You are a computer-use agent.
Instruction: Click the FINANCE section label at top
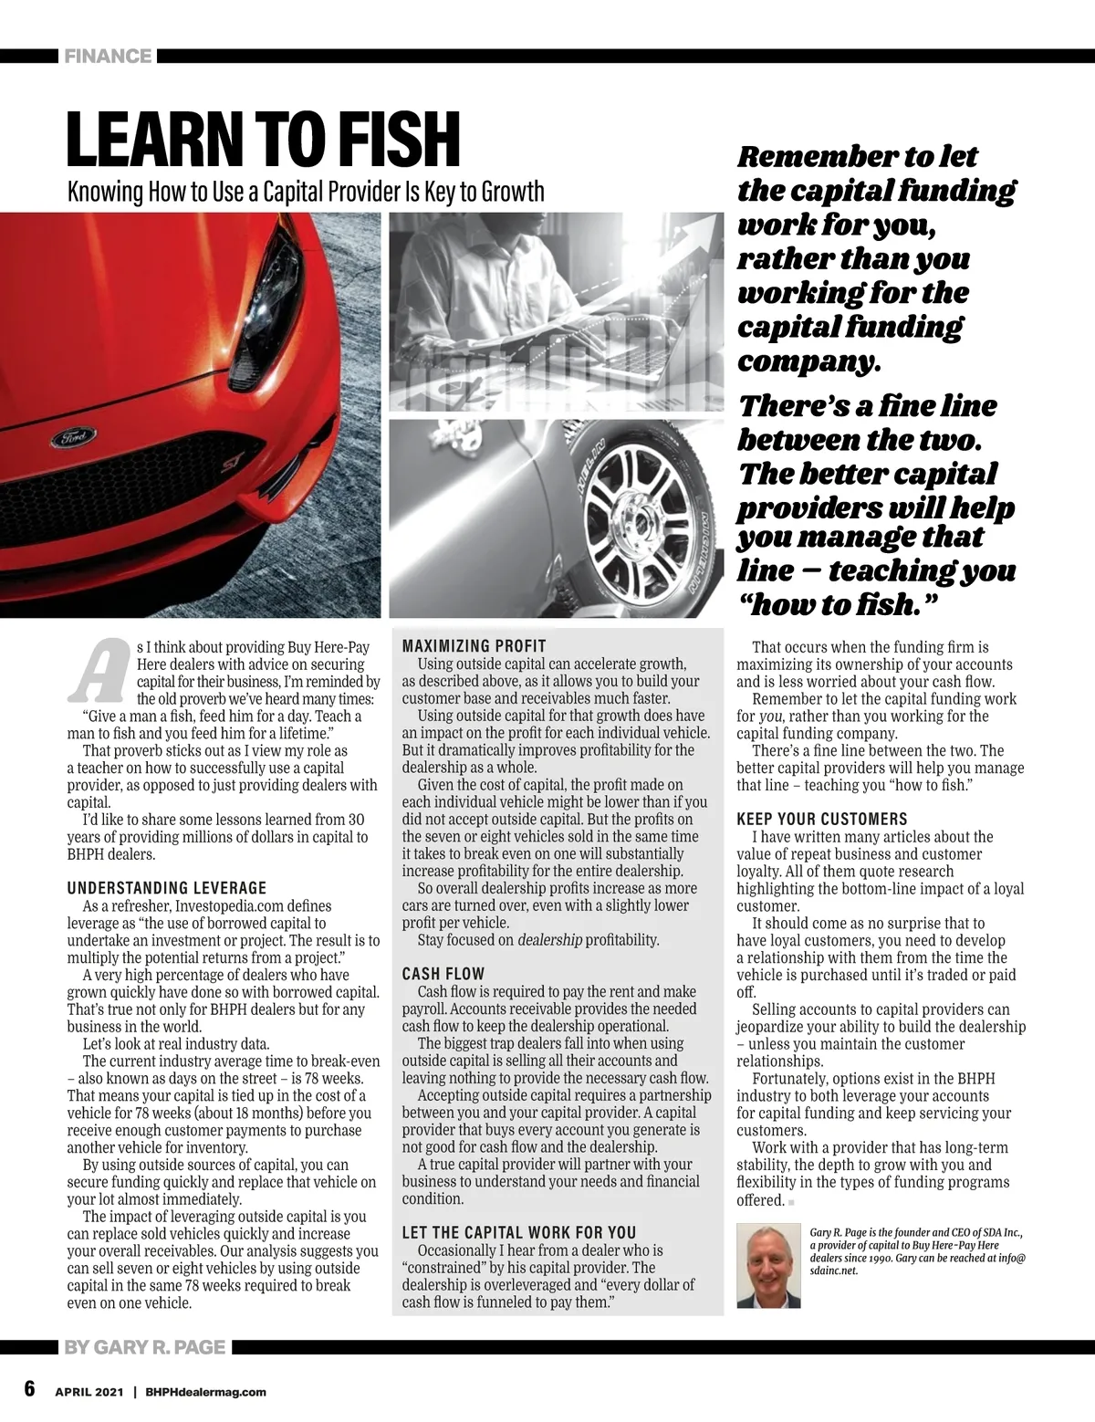(108, 57)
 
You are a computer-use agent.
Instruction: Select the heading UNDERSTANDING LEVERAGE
(167, 887)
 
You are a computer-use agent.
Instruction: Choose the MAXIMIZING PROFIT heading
(474, 646)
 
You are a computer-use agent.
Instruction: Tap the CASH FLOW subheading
(443, 974)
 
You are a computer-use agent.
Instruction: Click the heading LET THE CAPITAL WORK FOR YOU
(519, 1232)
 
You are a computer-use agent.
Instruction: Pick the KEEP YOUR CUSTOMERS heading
(822, 819)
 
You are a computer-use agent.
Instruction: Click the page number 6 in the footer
(29, 1388)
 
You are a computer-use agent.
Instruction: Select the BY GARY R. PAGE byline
(144, 1347)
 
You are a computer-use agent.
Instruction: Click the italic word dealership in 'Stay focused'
(549, 939)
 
